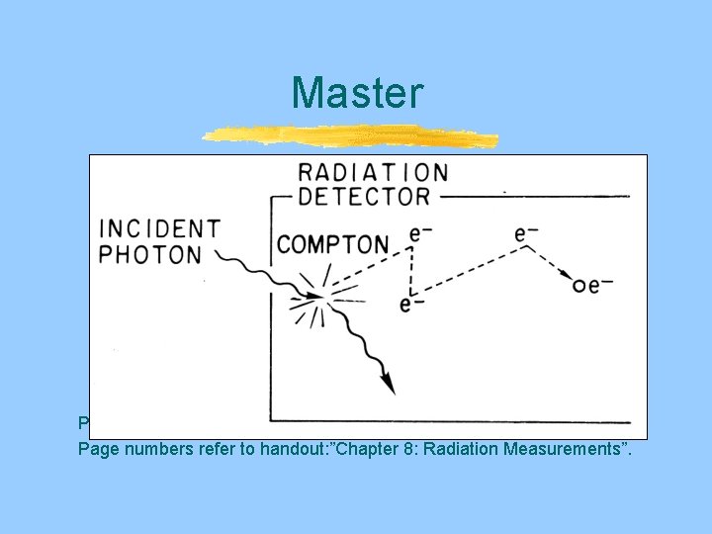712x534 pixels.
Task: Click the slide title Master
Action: [x=356, y=93]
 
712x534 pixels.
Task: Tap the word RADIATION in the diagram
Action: [x=373, y=173]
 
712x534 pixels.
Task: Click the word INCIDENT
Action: [x=159, y=229]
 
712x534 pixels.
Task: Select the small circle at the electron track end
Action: [x=578, y=286]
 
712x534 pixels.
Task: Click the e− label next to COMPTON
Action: [x=420, y=233]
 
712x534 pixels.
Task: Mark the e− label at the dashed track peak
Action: [x=527, y=233]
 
